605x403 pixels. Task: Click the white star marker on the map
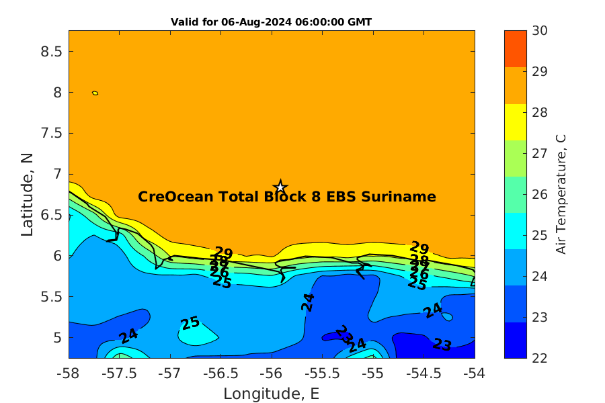[280, 187]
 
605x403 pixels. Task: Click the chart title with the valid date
[272, 22]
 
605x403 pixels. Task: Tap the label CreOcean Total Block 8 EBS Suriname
[287, 197]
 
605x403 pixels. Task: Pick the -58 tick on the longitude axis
[69, 372]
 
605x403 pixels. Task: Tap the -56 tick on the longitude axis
[272, 372]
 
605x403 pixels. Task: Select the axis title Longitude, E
[272, 393]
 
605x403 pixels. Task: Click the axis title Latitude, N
[28, 194]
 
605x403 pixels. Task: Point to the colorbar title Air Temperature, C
[561, 194]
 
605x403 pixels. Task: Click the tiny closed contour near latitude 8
[95, 93]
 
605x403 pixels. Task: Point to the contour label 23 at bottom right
[442, 345]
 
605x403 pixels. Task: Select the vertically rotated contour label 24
[308, 302]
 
